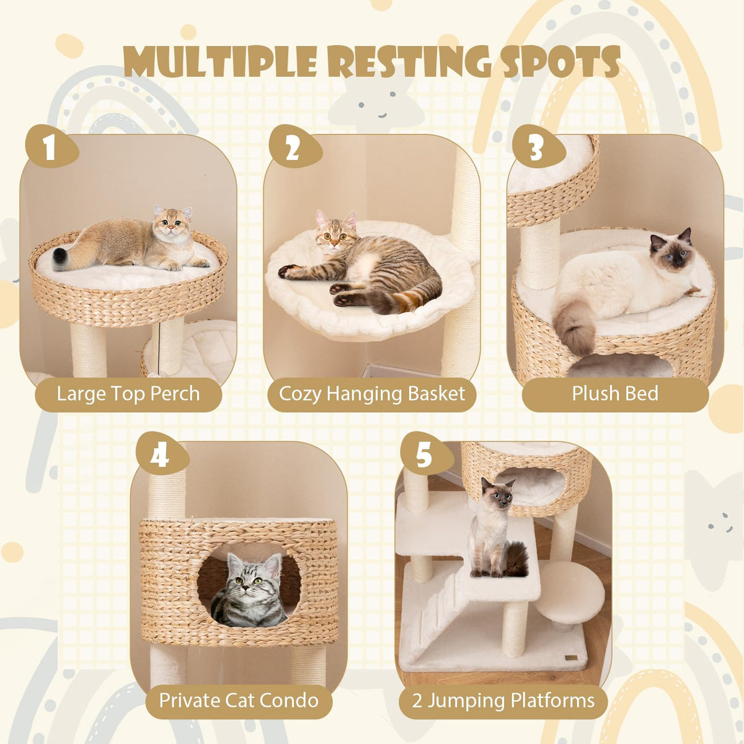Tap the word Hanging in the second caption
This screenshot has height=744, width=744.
365,394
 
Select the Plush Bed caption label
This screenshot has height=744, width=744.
615,394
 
